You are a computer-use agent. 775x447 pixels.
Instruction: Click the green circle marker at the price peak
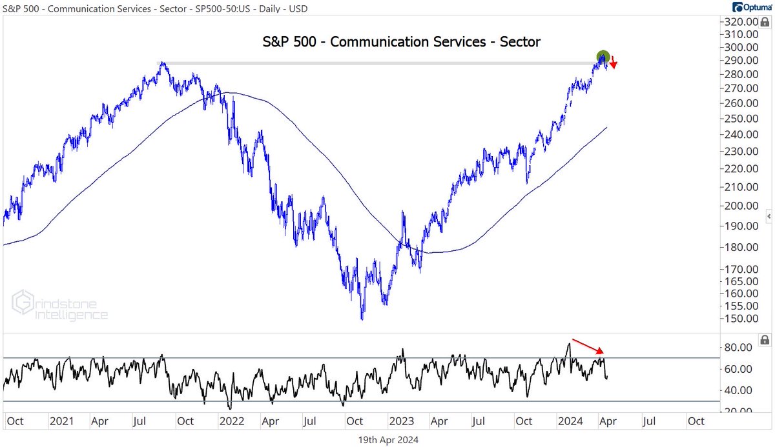(x=603, y=57)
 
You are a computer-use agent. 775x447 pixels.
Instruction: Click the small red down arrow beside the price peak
(x=614, y=63)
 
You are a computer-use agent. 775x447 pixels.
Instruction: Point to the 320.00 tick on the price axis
(x=740, y=21)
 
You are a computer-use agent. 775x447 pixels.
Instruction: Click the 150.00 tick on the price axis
(x=740, y=319)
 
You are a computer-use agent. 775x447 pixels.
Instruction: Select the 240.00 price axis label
(x=740, y=135)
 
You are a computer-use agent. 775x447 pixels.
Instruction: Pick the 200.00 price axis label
(x=740, y=206)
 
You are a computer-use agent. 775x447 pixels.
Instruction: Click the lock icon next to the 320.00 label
(x=765, y=21)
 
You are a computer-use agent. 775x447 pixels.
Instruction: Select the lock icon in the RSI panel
(x=765, y=339)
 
